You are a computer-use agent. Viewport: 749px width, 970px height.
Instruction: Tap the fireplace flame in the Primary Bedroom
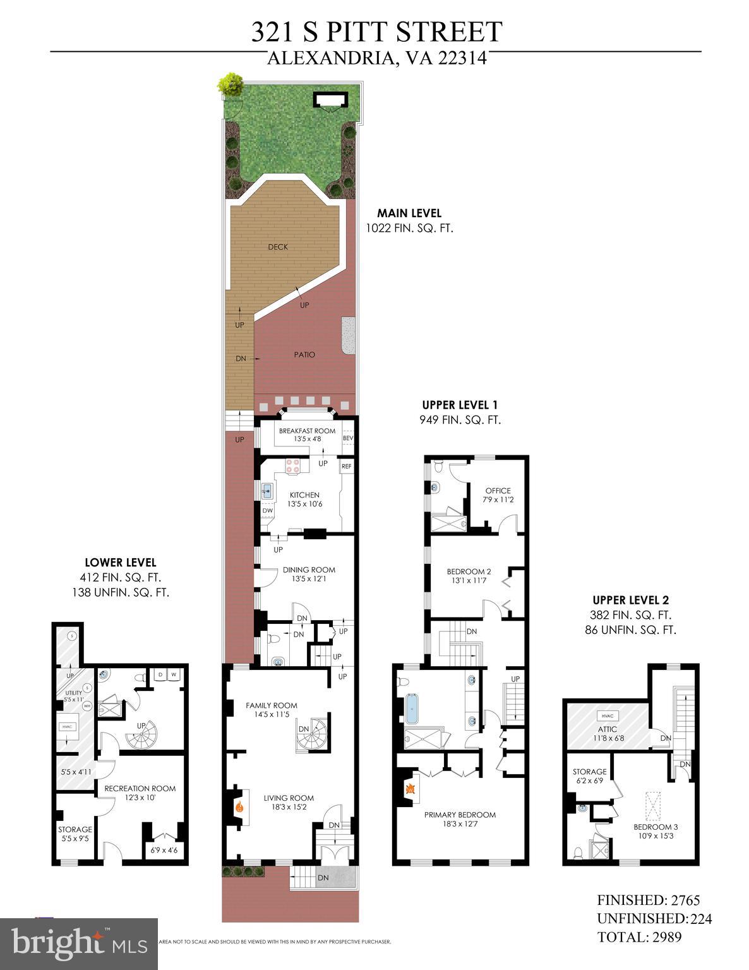[410, 788]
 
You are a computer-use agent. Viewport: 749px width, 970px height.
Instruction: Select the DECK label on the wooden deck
[278, 246]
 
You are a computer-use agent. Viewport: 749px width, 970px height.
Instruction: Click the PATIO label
[304, 354]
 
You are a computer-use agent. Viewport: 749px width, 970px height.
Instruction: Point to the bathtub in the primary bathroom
[412, 709]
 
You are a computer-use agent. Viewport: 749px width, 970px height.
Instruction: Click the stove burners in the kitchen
[292, 465]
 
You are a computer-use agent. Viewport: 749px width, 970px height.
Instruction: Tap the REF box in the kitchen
[346, 467]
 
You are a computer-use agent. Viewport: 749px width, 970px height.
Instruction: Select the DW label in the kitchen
[268, 510]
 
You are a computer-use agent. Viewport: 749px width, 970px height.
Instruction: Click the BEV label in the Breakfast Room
[347, 438]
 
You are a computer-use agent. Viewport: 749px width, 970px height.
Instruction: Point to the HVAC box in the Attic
[608, 716]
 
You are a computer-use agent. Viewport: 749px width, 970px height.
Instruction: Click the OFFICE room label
[498, 490]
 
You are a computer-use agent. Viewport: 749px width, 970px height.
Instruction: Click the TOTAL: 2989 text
[639, 937]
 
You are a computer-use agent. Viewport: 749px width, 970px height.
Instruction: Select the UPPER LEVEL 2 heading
[630, 600]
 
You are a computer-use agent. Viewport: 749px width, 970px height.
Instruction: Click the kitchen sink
[268, 489]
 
